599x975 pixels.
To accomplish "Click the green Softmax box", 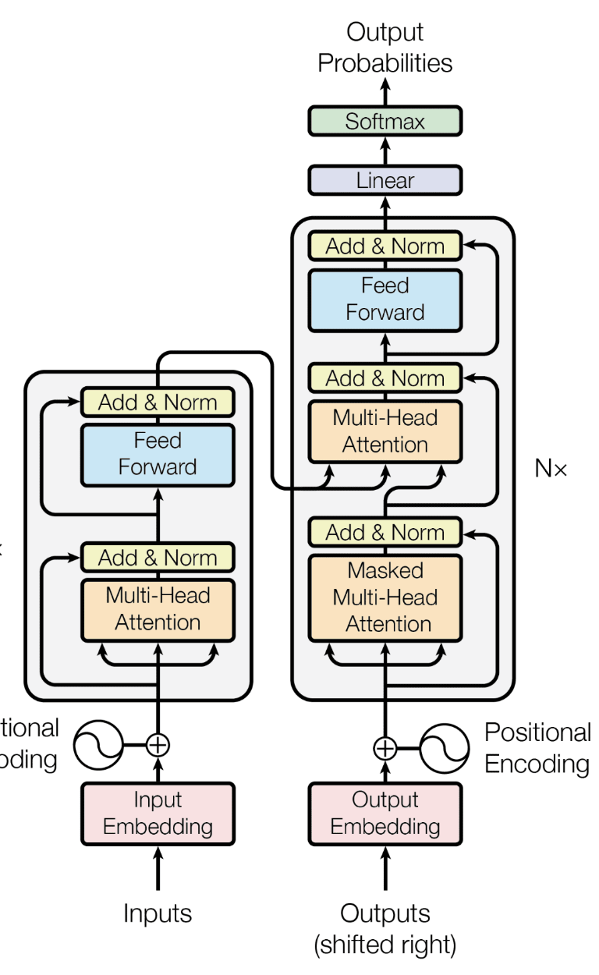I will pos(385,122).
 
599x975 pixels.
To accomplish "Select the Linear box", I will pos(385,180).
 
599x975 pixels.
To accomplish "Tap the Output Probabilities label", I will pos(385,48).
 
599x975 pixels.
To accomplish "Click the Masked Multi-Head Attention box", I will pos(385,597).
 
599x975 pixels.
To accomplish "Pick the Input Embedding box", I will pos(158,814).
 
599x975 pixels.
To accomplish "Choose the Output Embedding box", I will pos(385,814).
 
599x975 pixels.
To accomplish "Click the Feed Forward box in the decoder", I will pos(385,299).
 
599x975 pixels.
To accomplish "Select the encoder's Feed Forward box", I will pos(158,454).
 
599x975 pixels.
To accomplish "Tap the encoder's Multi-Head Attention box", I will pos(158,609).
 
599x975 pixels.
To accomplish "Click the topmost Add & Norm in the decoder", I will pos(385,246).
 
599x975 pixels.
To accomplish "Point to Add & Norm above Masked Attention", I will pos(385,533).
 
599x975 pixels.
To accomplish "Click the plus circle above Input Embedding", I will pos(158,745).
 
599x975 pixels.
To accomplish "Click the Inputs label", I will pos(158,913).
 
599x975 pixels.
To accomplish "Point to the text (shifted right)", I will pos(385,945).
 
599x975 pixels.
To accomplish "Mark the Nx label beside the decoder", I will pos(551,469).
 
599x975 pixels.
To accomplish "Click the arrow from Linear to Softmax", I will pos(385,151).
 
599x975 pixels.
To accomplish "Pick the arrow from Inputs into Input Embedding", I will pos(158,870).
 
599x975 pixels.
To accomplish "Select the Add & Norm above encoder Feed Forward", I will pos(158,402).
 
